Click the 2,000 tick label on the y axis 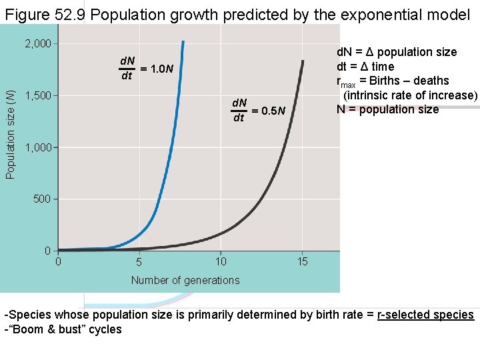pos(37,44)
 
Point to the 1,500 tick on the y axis pos(37,96)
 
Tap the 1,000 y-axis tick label pos(37,147)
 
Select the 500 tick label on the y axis pos(42,199)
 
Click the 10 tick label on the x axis pos(221,261)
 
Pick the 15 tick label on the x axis pos(303,261)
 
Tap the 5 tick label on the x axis pos(139,262)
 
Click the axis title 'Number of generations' pos(185,280)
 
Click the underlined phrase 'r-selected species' pos(425,315)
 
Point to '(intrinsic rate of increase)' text pos(410,95)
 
